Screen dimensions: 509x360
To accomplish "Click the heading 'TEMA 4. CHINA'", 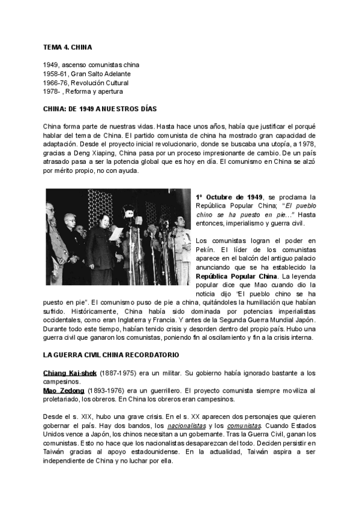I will [x=67, y=46].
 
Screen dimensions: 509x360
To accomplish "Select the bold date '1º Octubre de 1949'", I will [x=230, y=197].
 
